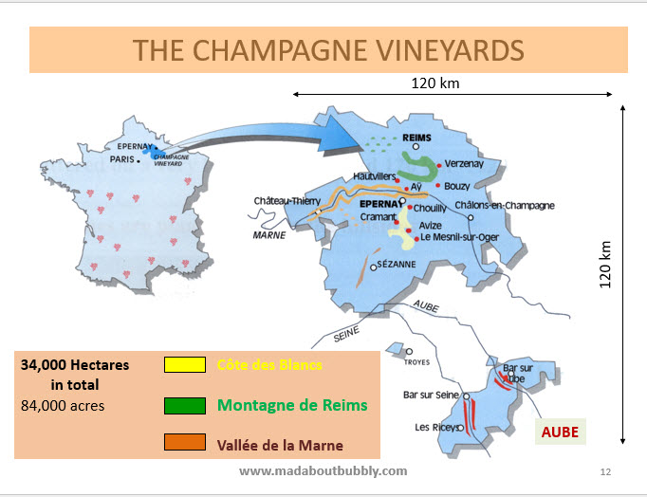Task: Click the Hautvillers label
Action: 374,176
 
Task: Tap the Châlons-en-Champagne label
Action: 504,205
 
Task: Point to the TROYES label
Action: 417,362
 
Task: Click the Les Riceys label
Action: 434,427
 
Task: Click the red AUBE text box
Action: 560,432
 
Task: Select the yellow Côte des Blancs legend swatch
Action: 185,365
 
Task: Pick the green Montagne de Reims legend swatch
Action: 185,405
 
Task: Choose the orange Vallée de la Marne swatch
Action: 185,443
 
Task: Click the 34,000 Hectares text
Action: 75,364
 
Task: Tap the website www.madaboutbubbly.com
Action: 323,470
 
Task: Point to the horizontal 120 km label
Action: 435,83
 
